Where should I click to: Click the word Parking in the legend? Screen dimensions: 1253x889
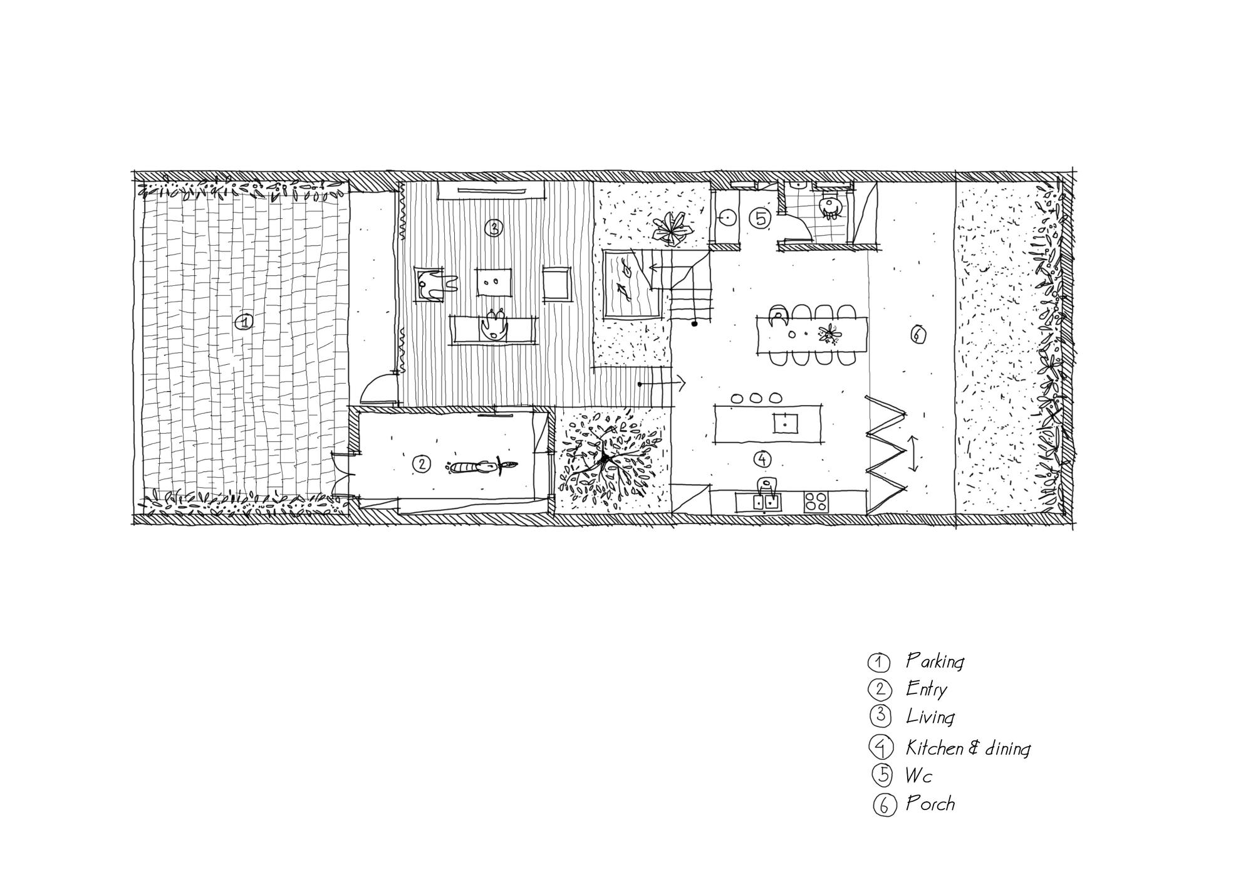pos(935,662)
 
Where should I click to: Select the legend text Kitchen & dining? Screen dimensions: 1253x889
pos(968,748)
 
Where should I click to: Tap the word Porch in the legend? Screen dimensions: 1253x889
pos(930,804)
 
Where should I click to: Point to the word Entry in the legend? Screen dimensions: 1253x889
pos(926,690)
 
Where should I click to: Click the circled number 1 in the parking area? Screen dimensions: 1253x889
pos(243,323)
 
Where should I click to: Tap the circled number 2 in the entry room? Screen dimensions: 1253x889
pos(422,464)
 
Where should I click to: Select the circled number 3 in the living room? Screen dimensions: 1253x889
pos(494,228)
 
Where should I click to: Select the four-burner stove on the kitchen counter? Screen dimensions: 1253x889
pos(815,502)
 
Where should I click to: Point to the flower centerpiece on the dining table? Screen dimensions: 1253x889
pos(830,335)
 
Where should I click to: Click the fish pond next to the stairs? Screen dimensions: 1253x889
pos(630,283)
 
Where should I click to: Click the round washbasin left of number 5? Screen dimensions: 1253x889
pos(728,218)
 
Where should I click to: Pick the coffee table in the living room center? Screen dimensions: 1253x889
pos(494,282)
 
